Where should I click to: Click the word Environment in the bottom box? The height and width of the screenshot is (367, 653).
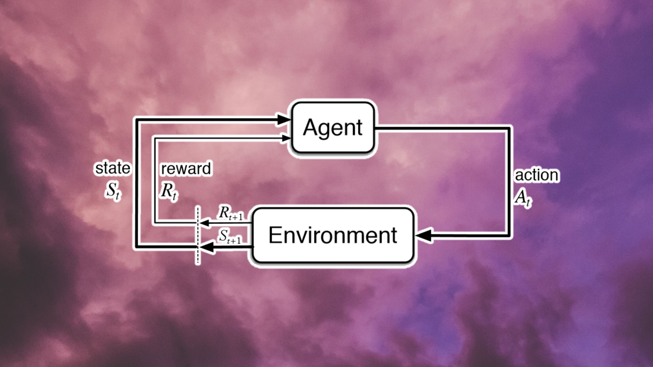(333, 235)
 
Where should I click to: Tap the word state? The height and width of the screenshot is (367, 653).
(112, 168)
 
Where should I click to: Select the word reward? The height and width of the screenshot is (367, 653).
(186, 169)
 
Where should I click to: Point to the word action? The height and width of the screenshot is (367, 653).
(536, 175)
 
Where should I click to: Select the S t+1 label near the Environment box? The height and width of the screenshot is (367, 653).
(230, 237)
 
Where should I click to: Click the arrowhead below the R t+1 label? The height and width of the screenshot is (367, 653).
(205, 223)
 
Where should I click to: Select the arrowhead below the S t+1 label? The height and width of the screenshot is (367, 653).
(207, 247)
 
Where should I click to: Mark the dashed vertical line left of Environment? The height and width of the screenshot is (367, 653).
(198, 236)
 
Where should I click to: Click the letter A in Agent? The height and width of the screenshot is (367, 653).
(311, 127)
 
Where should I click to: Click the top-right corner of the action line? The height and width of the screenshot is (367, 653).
(508, 129)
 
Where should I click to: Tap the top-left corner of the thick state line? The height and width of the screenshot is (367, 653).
(137, 120)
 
